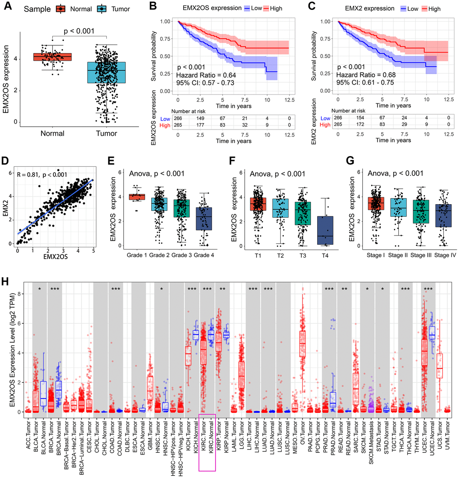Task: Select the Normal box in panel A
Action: (52, 57)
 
